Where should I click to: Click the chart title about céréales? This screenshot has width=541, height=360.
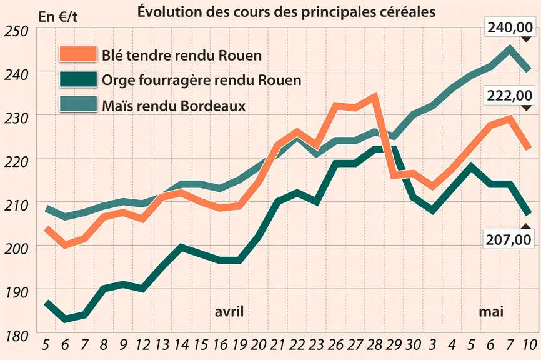click(x=286, y=11)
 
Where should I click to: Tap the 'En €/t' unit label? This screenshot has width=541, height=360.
click(x=58, y=17)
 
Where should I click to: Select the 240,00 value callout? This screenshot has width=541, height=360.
click(x=509, y=27)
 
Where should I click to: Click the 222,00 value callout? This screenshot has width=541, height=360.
click(x=509, y=95)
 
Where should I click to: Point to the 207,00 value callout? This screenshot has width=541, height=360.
click(x=509, y=239)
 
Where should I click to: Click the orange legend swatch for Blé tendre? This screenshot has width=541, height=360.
click(x=77, y=54)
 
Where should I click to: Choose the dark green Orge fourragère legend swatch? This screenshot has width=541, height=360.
click(x=77, y=79)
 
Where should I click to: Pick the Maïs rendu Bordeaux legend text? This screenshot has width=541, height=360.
click(x=174, y=106)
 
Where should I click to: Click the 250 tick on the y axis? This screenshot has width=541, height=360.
click(x=16, y=31)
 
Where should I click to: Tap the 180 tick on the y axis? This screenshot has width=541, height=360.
click(x=16, y=336)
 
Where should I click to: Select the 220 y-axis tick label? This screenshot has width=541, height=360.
click(x=16, y=162)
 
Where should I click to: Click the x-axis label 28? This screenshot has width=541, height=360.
click(x=375, y=344)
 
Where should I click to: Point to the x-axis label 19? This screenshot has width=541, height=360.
click(x=239, y=344)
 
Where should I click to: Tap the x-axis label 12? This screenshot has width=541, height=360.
click(x=142, y=344)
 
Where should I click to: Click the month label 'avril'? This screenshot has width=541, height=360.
click(x=229, y=312)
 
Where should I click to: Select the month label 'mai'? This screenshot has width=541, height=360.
click(x=491, y=312)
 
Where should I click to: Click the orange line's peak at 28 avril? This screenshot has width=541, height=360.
click(x=374, y=96)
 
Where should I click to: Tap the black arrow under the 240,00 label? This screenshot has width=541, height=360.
click(x=526, y=39)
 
